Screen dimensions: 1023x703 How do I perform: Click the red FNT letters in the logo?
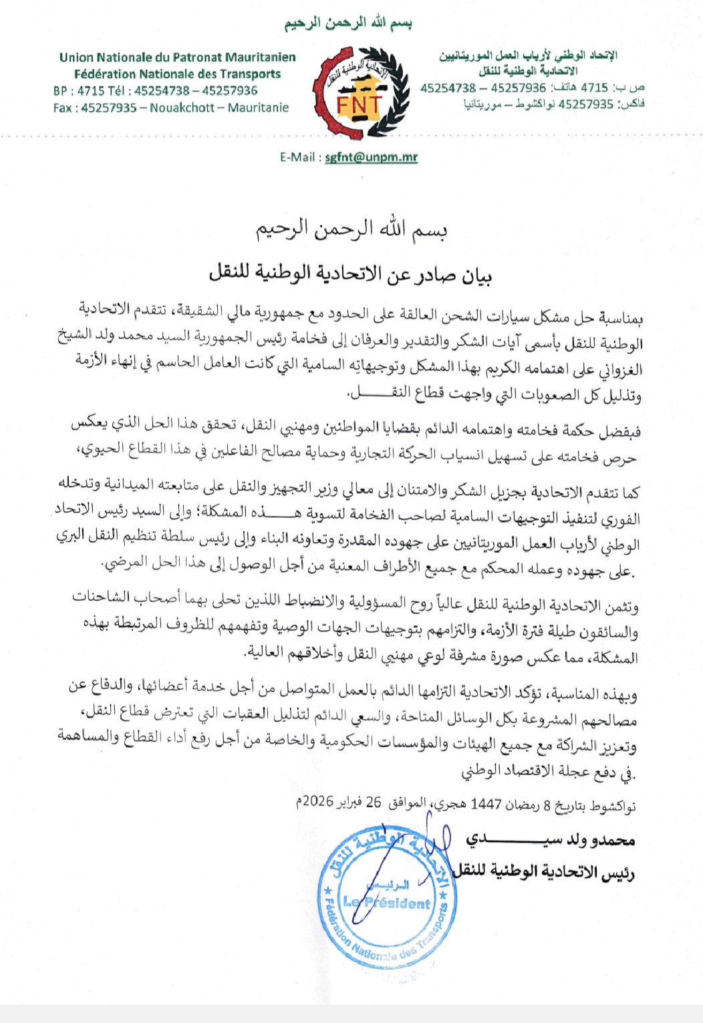coord(358,105)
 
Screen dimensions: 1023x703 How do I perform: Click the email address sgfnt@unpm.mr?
coord(371,158)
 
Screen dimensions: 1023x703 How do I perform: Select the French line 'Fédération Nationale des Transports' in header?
coord(177,74)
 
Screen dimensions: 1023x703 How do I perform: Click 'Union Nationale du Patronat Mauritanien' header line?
coord(177,57)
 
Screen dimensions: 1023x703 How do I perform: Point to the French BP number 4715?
coord(92,90)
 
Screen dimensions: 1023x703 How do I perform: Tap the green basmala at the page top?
coord(348,23)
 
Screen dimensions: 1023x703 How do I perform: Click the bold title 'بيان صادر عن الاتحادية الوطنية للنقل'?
coord(351,274)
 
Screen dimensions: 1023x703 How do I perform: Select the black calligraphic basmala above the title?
coord(351,230)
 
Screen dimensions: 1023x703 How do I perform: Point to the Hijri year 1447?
coord(486,803)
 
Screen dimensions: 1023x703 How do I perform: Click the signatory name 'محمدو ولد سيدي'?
coord(550,839)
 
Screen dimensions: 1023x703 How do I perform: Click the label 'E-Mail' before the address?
coord(297,158)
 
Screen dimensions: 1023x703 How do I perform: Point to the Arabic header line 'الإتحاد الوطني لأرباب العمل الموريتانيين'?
coord(528,55)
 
